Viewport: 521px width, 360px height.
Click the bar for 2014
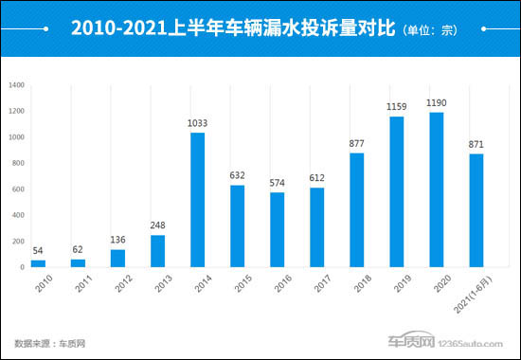tap(197, 200)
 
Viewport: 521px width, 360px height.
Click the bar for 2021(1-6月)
tap(476, 210)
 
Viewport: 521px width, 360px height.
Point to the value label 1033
tap(197, 124)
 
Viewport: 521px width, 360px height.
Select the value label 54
tap(37, 252)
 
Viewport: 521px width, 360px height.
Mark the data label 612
tap(316, 179)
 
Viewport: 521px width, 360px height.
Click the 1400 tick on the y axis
tap(16, 86)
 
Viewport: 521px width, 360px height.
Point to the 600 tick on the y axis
tap(18, 189)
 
